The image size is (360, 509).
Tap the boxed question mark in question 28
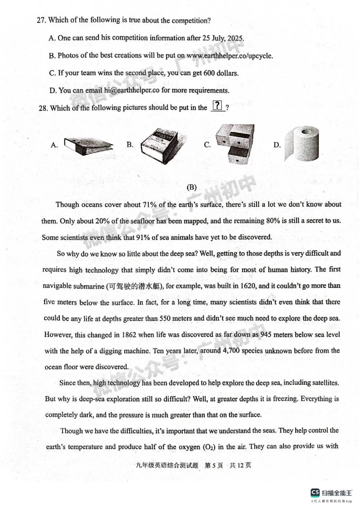(218, 107)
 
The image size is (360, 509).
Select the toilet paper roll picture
(302, 143)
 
